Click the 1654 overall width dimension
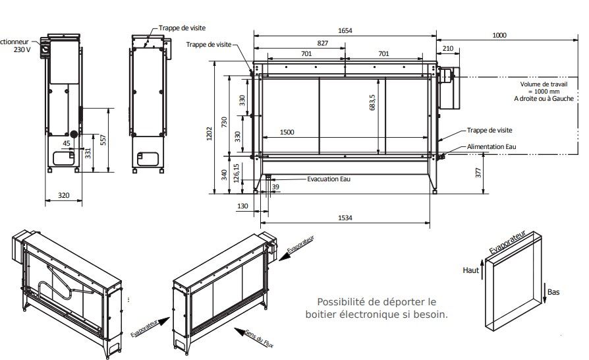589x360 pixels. (344, 30)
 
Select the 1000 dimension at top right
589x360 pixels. (499, 35)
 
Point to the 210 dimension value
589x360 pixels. (447, 48)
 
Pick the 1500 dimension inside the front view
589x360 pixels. (287, 133)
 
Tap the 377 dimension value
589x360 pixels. (478, 173)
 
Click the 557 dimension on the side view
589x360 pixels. (103, 140)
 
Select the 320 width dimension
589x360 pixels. (63, 195)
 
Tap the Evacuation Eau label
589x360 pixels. (332, 179)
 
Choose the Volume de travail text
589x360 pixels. (544, 84)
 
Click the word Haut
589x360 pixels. (470, 270)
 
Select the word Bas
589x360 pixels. (553, 291)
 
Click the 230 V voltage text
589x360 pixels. (22, 49)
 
